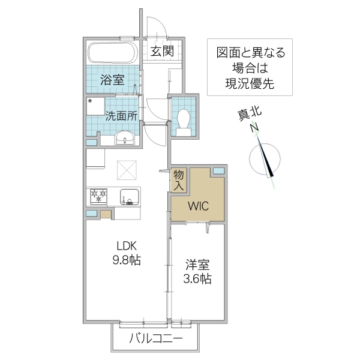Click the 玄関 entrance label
(x=162, y=51)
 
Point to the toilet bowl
(x=184, y=118)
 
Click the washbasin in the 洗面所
(x=127, y=139)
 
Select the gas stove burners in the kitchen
(x=98, y=196)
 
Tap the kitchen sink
(x=129, y=196)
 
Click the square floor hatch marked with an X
(x=127, y=170)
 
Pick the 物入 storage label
(x=179, y=181)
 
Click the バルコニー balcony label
(x=156, y=339)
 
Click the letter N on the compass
(x=254, y=128)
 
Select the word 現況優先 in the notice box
(x=251, y=84)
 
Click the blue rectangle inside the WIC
(x=218, y=172)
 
